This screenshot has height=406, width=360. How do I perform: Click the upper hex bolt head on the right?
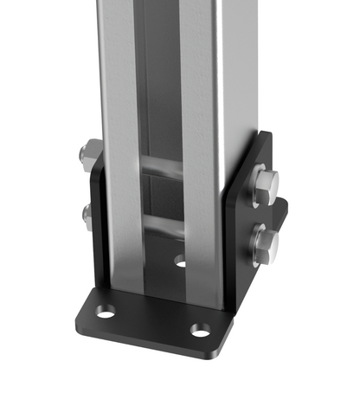point(267,189)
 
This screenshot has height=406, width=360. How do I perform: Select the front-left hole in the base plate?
point(105,310)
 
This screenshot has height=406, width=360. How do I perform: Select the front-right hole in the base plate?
point(200,330)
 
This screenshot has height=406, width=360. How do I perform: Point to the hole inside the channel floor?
point(180,260)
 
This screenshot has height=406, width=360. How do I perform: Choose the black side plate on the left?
point(97,234)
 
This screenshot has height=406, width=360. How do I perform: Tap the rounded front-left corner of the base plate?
point(80,312)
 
